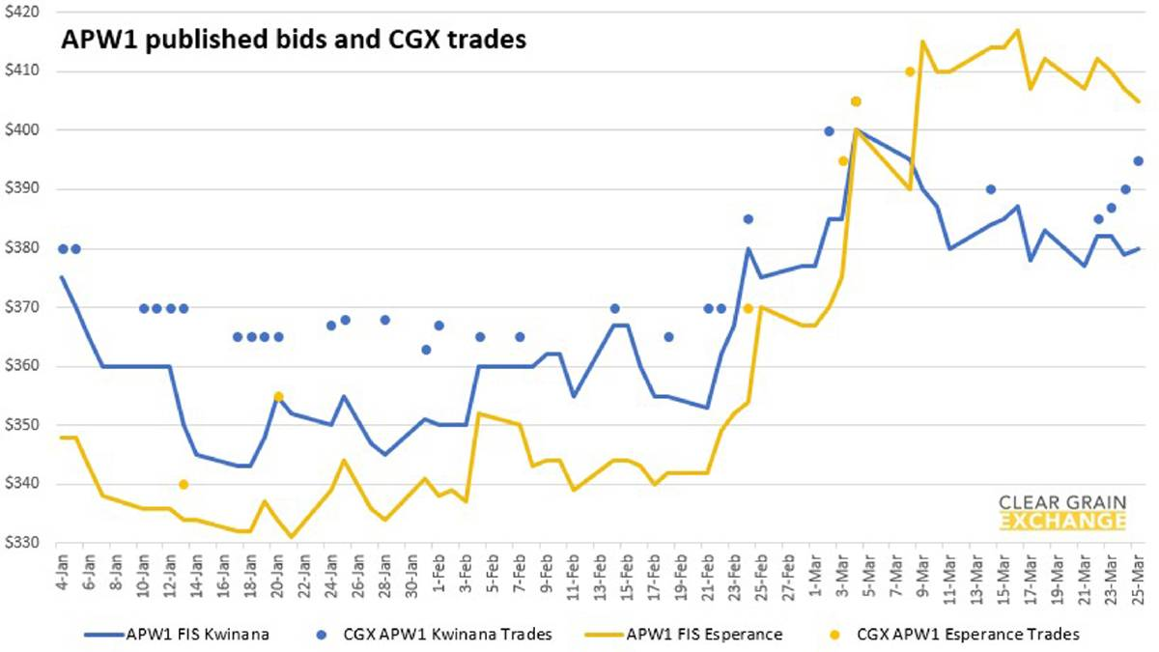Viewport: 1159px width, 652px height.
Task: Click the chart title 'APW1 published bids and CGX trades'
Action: pyautogui.click(x=293, y=40)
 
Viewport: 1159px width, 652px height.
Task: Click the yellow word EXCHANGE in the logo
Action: pyautogui.click(x=1062, y=523)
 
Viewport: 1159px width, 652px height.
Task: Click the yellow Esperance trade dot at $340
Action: pyautogui.click(x=184, y=484)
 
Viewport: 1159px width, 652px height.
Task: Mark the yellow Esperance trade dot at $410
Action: pyautogui.click(x=910, y=71)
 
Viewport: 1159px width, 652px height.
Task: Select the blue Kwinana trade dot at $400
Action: pyautogui.click(x=829, y=130)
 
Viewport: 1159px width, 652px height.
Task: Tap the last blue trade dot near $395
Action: pyautogui.click(x=1138, y=160)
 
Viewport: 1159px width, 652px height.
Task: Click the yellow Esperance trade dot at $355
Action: pyautogui.click(x=278, y=396)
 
